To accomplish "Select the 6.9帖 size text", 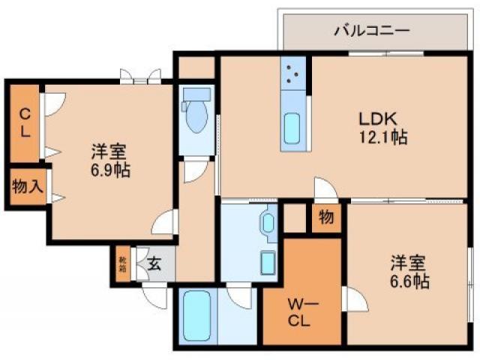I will tap(110, 170).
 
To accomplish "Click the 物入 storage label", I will tap(26, 187).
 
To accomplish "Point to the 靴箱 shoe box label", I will tap(122, 264).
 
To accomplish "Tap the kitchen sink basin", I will tap(292, 130).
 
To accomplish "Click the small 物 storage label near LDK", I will tap(326, 217).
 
